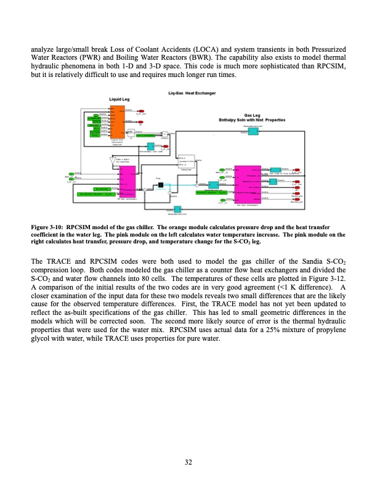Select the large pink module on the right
[x=246, y=183]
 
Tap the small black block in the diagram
[x=160, y=185]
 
